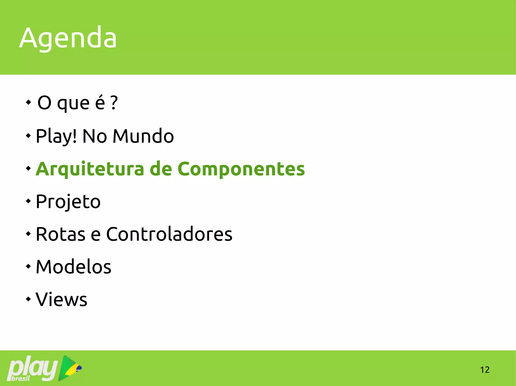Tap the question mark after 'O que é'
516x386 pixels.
pos(114,103)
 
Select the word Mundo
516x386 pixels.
pos(143,136)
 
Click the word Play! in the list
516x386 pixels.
pos(56,136)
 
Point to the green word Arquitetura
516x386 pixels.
pos(90,169)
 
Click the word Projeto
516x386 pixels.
pos(68,202)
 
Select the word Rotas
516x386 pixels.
pos(60,234)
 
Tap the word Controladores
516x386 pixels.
pos(169,234)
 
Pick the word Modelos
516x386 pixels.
pos(73,267)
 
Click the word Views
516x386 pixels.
pos(61,299)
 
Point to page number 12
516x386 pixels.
pos(485,370)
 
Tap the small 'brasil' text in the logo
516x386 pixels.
pos(21,378)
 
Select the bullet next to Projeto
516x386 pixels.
pos(28,201)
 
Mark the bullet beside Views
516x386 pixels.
pos(28,299)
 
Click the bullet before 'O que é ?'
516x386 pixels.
pos(28,102)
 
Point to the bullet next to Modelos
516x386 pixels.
pos(28,266)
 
